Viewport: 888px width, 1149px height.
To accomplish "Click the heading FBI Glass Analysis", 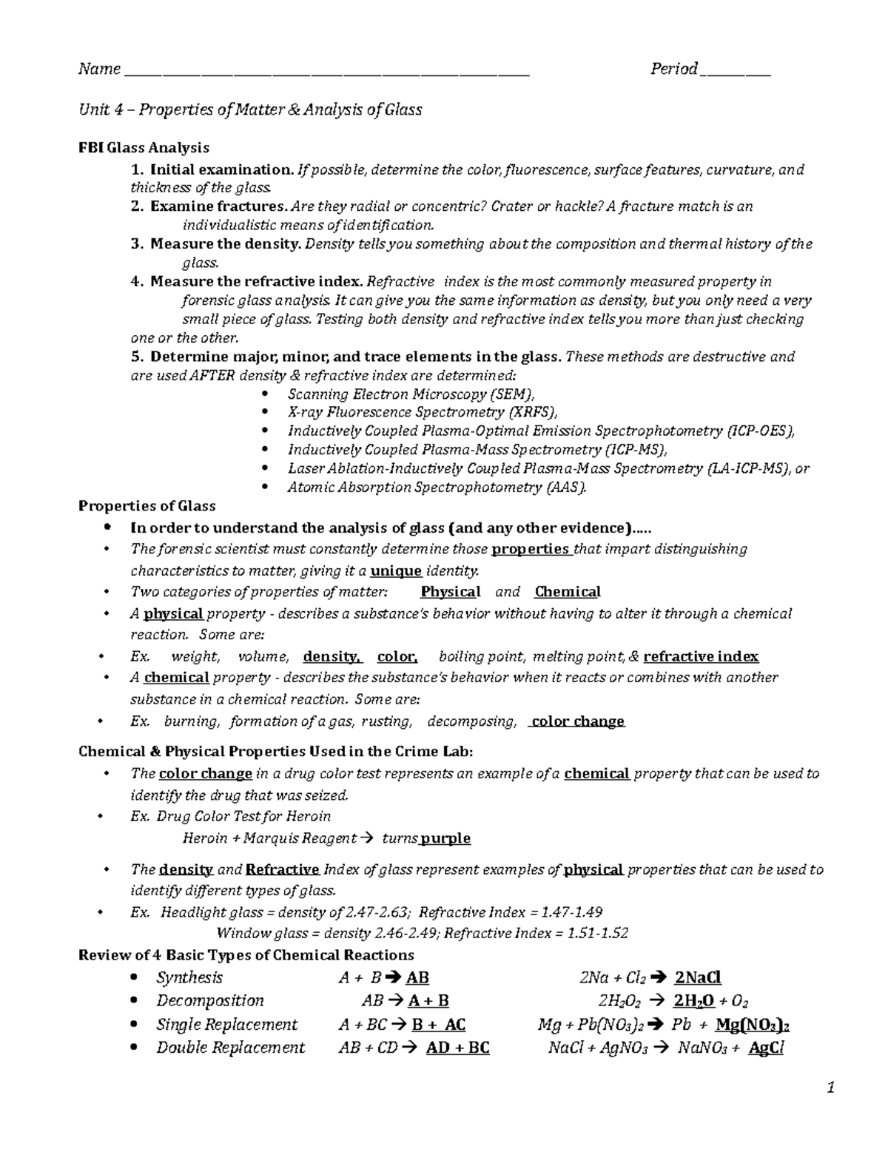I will (144, 147).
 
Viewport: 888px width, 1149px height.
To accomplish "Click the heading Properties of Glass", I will (147, 506).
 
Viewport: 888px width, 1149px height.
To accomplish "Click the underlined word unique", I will (396, 570).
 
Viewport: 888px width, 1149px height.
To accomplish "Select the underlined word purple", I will (445, 838).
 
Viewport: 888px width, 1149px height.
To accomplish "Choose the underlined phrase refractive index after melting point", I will (701, 656).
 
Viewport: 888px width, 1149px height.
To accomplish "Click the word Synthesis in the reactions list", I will (189, 977).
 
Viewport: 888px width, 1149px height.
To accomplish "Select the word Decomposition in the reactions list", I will (210, 1001).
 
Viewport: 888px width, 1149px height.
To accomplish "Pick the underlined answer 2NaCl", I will (698, 977).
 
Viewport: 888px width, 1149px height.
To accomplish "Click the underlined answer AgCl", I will (766, 1048).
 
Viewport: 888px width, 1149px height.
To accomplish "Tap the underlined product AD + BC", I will (458, 1048).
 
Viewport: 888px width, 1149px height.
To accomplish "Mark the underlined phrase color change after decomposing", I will (578, 721).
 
